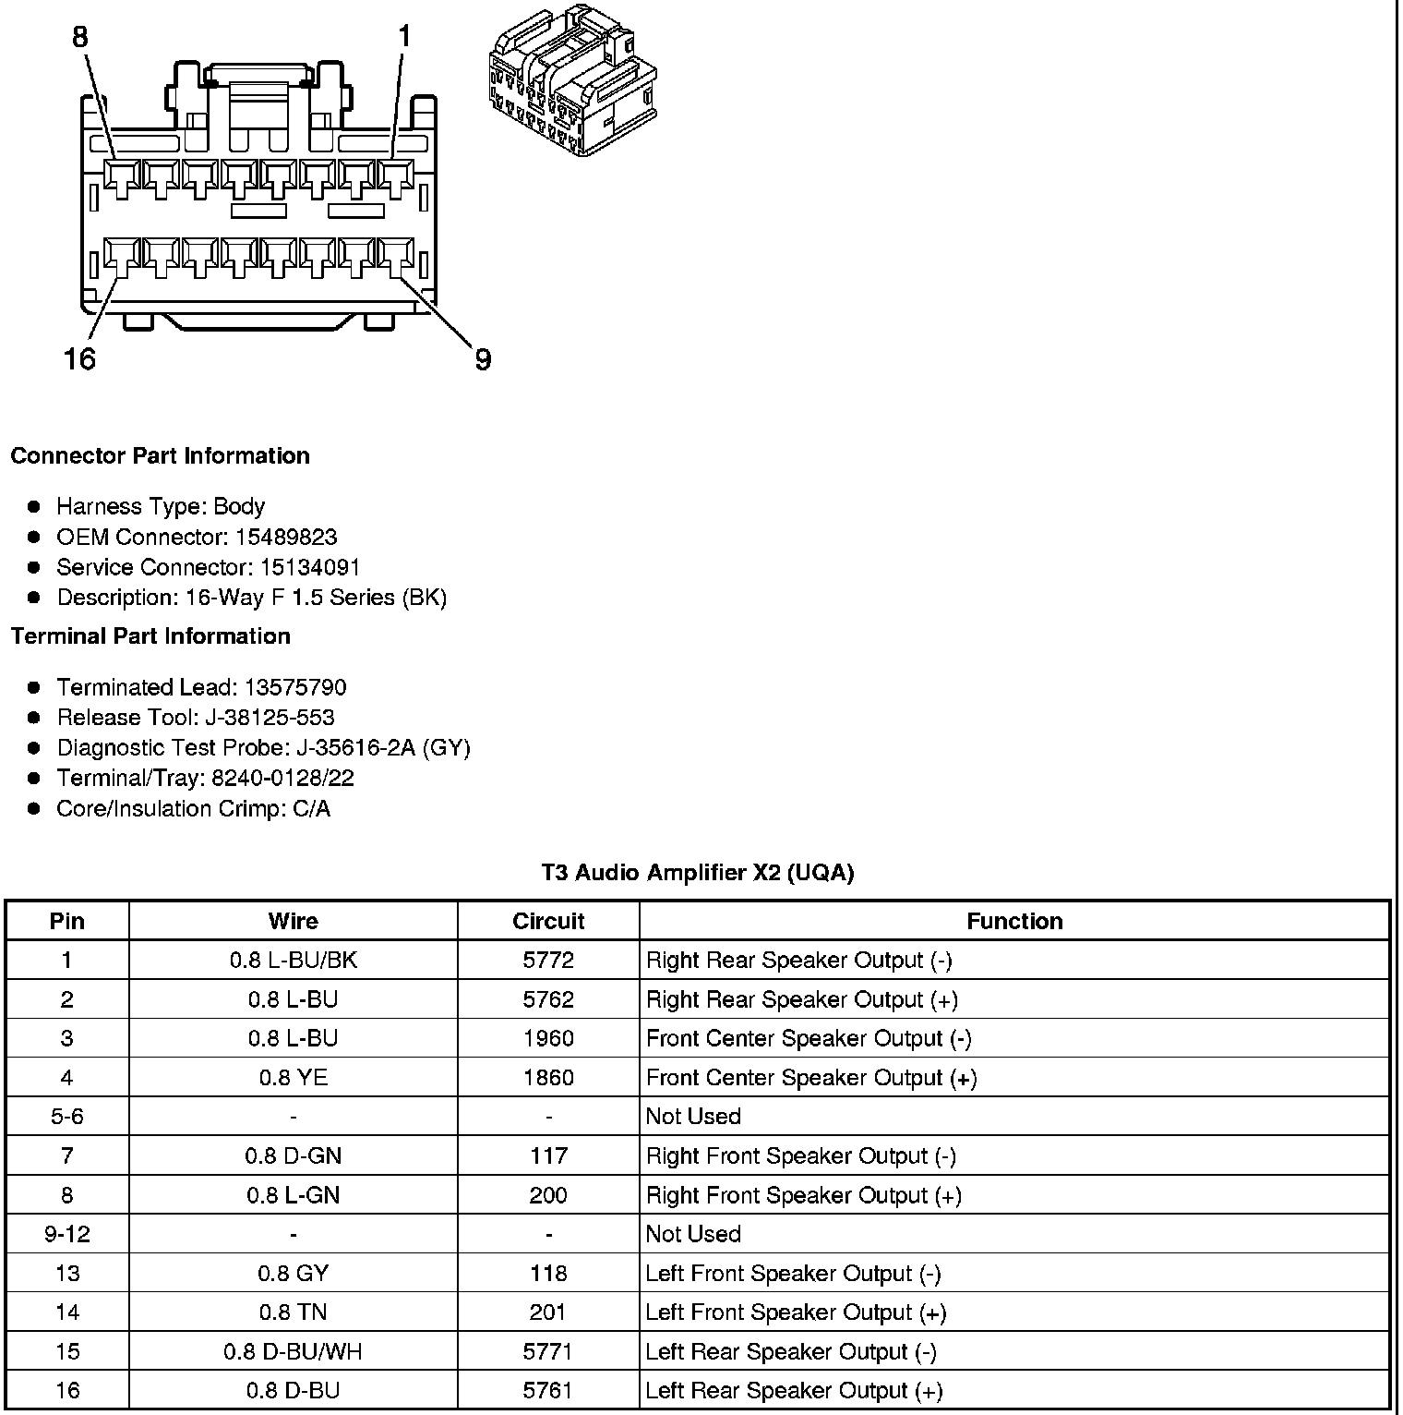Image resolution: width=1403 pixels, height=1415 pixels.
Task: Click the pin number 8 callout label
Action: pos(80,37)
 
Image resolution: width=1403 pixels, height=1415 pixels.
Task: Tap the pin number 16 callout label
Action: pos(79,358)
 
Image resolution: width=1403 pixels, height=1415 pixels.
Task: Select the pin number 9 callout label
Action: pos(483,359)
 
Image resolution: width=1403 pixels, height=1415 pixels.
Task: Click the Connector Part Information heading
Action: pos(160,456)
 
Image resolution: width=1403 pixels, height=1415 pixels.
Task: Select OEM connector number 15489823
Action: pos(286,538)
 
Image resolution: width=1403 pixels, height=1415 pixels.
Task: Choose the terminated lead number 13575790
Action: pos(295,687)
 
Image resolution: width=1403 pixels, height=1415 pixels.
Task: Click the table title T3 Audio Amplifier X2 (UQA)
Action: pos(698,873)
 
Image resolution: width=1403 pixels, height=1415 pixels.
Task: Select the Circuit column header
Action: pos(548,921)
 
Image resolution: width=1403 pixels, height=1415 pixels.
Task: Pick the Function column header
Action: pos(1014,921)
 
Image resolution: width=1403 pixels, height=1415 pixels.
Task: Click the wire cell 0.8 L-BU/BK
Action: pos(294,961)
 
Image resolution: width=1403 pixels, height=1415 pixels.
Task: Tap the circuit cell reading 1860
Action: pos(548,1078)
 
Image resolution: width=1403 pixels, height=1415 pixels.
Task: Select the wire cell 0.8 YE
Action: pos(294,1078)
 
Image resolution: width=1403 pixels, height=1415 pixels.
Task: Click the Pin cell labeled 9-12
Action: pos(67,1234)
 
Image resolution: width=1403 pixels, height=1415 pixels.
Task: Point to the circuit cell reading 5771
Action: pos(548,1351)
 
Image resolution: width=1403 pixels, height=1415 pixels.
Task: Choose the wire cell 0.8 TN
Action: pos(294,1312)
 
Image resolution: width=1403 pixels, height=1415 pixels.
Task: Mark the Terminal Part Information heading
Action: pos(150,636)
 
